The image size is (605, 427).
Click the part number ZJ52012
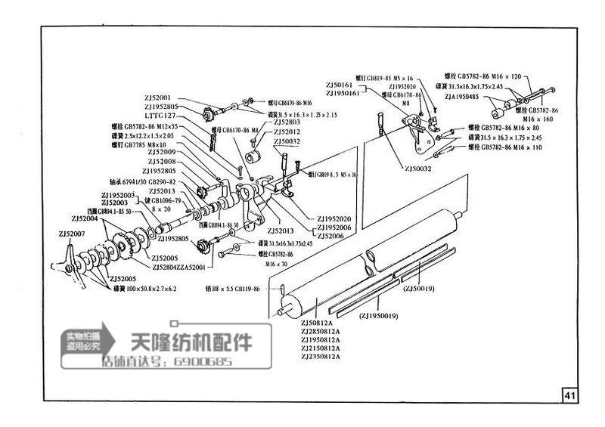287,132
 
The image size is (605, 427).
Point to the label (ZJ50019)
418,288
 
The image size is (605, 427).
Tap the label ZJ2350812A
320,357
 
